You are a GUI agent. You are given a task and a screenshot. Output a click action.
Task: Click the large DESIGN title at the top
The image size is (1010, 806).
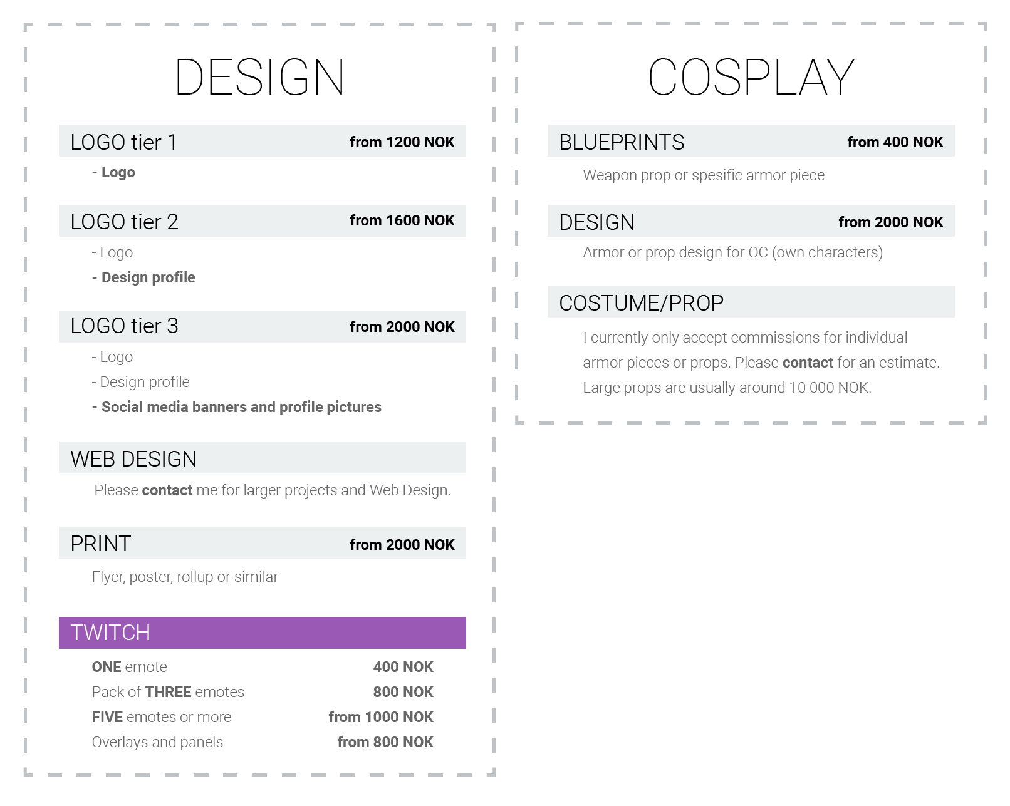[259, 77]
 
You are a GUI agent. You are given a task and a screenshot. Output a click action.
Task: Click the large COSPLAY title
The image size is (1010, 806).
[751, 77]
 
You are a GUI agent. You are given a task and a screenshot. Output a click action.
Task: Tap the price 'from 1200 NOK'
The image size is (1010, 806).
[402, 142]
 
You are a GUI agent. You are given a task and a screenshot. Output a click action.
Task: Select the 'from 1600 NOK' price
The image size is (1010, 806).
[402, 220]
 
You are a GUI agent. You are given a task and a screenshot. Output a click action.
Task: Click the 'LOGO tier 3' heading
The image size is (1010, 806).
[124, 326]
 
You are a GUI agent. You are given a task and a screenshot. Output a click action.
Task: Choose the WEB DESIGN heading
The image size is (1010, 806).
[133, 459]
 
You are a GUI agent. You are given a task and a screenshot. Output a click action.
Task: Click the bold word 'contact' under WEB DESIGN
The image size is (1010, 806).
[167, 490]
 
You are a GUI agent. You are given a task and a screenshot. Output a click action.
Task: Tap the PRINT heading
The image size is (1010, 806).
[100, 544]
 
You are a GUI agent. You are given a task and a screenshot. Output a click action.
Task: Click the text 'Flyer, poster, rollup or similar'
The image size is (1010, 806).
[185, 577]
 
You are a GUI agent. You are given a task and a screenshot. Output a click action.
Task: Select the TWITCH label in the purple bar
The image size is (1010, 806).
[110, 633]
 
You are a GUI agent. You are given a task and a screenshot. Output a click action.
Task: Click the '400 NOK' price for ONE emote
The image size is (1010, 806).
[403, 667]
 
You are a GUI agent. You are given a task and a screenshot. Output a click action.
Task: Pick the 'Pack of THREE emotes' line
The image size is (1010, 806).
[168, 692]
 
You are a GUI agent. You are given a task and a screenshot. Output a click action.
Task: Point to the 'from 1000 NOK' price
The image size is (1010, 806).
[380, 717]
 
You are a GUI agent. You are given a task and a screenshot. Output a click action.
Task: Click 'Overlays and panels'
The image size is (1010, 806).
[157, 742]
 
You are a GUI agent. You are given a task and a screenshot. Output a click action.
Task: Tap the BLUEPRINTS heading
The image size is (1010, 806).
[622, 142]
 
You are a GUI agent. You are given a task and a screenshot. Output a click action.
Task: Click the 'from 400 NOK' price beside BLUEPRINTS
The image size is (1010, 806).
[895, 142]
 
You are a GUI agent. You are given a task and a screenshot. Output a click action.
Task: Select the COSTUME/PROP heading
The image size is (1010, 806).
[641, 303]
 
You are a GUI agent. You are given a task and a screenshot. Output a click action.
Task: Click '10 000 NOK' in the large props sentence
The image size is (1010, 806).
[830, 388]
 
